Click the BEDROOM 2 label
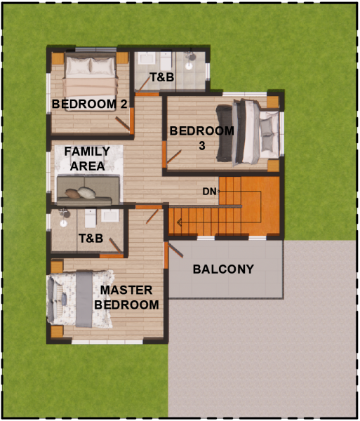tap(89, 104)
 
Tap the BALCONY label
tap(223, 269)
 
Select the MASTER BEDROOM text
tap(126, 298)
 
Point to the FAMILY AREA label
tap(87, 159)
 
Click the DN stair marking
tap(209, 192)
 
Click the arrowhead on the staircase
tap(180, 222)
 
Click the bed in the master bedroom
tap(80, 299)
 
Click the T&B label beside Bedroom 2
tap(162, 77)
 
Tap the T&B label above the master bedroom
tap(91, 239)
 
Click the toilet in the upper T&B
tap(166, 61)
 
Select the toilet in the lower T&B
tap(91, 218)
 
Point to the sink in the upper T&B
tap(147, 58)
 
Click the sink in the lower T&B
tap(110, 215)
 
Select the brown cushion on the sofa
tap(72, 194)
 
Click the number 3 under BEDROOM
tap(202, 146)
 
